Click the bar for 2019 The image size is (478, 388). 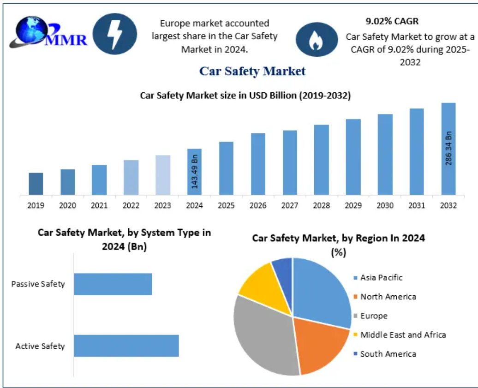click(x=36, y=184)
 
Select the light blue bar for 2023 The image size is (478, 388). click(x=163, y=175)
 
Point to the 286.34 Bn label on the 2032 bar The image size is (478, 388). click(x=448, y=148)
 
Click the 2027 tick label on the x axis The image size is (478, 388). click(x=290, y=205)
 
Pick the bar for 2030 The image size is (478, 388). click(x=385, y=154)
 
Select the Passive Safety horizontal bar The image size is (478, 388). click(x=113, y=284)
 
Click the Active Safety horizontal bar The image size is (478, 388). click(x=126, y=346)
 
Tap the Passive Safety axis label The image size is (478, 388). click(x=38, y=284)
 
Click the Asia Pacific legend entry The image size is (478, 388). click(x=381, y=277)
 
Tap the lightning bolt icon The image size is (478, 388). click(x=115, y=34)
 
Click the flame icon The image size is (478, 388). click(x=317, y=39)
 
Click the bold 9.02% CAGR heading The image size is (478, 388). click(x=392, y=21)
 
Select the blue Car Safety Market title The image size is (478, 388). click(x=252, y=71)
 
